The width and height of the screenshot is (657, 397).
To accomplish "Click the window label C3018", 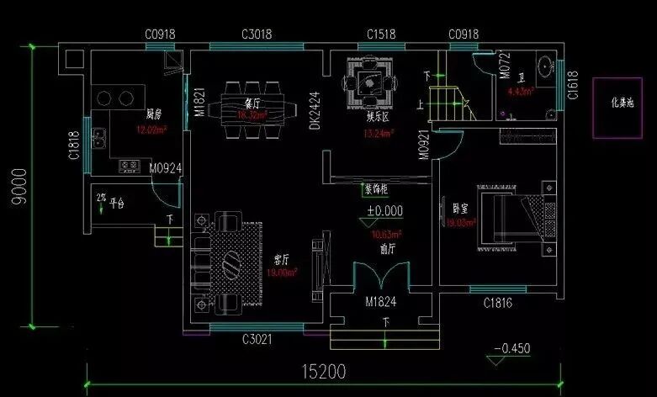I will pyautogui.click(x=257, y=34).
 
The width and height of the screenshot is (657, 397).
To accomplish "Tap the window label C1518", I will pyautogui.click(x=382, y=34).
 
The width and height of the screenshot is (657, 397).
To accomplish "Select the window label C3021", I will pyautogui.click(x=257, y=340).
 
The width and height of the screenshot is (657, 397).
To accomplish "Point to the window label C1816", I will pyautogui.click(x=497, y=304).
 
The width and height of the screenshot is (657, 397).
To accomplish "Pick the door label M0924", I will pyautogui.click(x=166, y=168).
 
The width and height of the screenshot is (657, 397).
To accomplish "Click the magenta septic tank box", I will pyautogui.click(x=623, y=107).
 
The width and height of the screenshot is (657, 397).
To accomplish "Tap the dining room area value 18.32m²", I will pyautogui.click(x=252, y=115).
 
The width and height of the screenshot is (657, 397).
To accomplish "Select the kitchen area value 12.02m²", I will pyautogui.click(x=151, y=130).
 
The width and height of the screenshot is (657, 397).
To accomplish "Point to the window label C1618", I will pyautogui.click(x=572, y=85).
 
